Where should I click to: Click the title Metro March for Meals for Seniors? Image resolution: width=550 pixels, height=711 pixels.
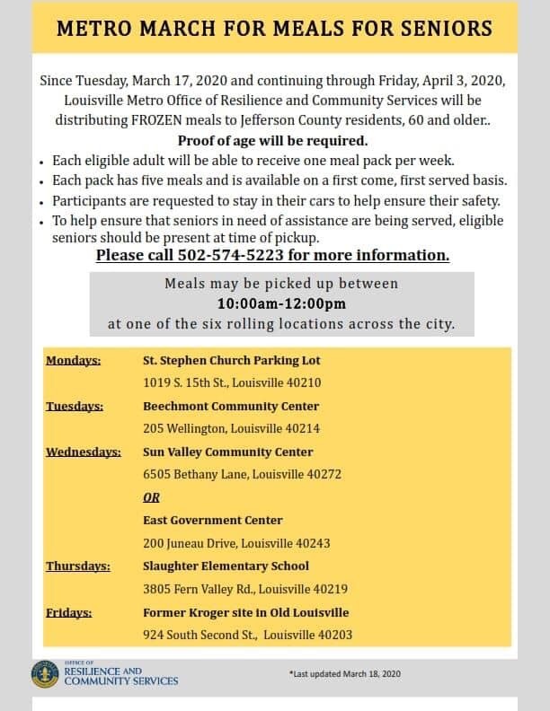click(x=274, y=27)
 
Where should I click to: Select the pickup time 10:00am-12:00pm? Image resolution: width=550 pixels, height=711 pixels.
click(x=281, y=303)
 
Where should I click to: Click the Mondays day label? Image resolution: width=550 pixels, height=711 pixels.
click(x=73, y=361)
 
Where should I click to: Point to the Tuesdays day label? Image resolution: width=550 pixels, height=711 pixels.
click(x=75, y=406)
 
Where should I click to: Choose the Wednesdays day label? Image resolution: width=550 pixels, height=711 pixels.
click(x=84, y=452)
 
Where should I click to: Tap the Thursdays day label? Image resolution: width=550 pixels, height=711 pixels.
click(x=78, y=566)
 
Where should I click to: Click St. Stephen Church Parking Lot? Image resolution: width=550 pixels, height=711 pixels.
click(x=232, y=361)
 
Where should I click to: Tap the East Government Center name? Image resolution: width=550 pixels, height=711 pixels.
click(x=213, y=520)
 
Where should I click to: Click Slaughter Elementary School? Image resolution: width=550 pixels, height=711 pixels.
click(x=226, y=566)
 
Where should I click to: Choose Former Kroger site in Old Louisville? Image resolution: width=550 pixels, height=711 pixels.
click(x=246, y=612)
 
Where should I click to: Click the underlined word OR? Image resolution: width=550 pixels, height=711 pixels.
click(x=151, y=497)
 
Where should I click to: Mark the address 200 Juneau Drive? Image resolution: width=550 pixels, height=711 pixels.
click(x=236, y=543)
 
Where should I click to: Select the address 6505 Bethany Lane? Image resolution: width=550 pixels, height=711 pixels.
click(x=242, y=474)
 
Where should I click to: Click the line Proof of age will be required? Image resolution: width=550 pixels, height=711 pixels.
click(x=273, y=142)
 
